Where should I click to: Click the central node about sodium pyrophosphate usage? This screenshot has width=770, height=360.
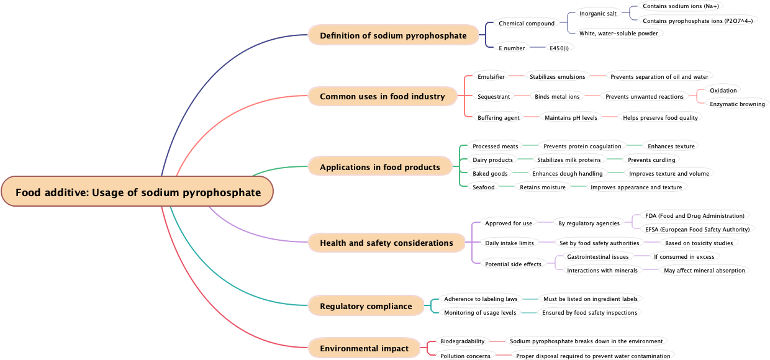point(137,192)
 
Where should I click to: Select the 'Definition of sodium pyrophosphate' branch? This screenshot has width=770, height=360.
point(393,35)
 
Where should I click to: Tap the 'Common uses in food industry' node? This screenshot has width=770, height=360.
point(382,96)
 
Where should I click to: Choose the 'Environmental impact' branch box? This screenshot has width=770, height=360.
point(364,348)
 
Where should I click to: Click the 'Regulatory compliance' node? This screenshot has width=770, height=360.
point(366,306)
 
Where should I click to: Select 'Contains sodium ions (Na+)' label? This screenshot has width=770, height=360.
point(681,6)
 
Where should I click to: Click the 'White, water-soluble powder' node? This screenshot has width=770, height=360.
point(618,34)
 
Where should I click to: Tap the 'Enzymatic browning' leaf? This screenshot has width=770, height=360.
point(737,104)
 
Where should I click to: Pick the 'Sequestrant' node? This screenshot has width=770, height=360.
point(494,97)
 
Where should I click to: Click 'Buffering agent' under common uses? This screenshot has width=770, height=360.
point(499,118)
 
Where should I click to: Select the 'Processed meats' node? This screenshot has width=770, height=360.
point(495,146)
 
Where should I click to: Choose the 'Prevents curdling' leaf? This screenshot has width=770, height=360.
point(651,160)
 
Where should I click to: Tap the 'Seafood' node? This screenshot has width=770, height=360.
point(484,187)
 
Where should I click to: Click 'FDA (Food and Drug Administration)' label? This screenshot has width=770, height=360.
point(694,216)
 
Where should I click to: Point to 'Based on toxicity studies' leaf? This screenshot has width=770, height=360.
point(699,243)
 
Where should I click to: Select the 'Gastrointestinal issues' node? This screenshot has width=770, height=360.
point(597,257)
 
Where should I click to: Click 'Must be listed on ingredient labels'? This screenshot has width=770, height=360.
point(590,299)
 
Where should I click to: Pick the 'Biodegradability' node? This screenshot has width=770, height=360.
point(462,341)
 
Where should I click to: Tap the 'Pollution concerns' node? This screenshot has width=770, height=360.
point(465,356)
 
